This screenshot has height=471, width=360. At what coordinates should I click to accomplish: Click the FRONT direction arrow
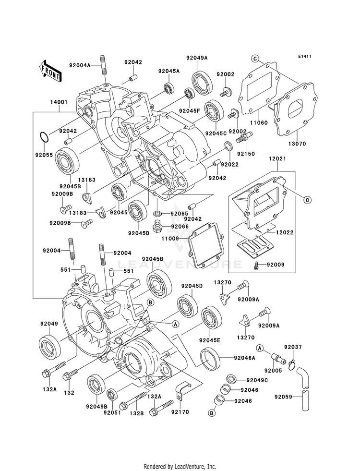pyautogui.click(x=50, y=71)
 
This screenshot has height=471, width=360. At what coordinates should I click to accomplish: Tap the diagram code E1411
pyautogui.click(x=304, y=56)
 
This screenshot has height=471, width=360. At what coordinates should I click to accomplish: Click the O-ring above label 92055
pyautogui.click(x=44, y=137)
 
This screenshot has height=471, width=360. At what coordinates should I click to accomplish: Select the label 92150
pyautogui.click(x=246, y=154)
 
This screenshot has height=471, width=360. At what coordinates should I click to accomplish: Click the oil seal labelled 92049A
pyautogui.click(x=202, y=81)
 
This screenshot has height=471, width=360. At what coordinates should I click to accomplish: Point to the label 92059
pyautogui.click(x=283, y=397)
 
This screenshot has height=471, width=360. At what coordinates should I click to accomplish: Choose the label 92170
pyautogui.click(x=180, y=412)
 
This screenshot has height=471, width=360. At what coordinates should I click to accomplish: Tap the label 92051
pyautogui.click(x=112, y=413)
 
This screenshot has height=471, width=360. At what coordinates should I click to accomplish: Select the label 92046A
pyautogui.click(x=245, y=358)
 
